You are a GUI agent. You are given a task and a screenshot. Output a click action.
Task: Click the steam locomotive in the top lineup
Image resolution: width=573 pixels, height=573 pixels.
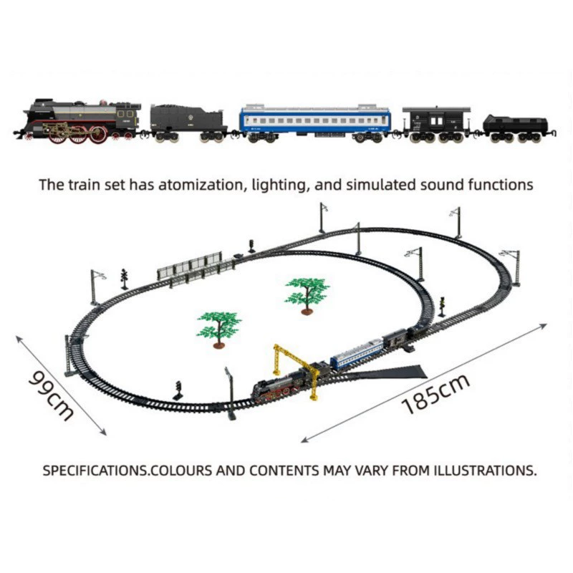[x=79, y=120]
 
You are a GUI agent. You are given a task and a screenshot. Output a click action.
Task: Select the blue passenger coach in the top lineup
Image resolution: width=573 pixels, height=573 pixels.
[x=315, y=123]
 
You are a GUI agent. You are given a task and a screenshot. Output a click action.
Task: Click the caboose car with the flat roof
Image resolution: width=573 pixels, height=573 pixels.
[x=436, y=124]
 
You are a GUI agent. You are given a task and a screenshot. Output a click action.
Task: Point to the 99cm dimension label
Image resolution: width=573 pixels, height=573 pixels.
[x=52, y=395]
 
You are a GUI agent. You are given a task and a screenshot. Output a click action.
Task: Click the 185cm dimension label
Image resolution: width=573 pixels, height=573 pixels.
[x=435, y=395]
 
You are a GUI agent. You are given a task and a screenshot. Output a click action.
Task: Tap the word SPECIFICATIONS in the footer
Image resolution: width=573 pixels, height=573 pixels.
[x=95, y=471]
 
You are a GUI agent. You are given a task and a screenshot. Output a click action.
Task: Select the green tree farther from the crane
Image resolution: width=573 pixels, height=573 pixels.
[x=307, y=295]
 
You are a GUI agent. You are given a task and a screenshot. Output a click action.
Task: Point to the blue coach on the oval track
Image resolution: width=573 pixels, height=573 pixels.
[x=357, y=353]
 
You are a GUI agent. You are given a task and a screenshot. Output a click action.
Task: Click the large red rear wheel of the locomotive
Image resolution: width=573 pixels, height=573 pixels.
[x=98, y=135]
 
